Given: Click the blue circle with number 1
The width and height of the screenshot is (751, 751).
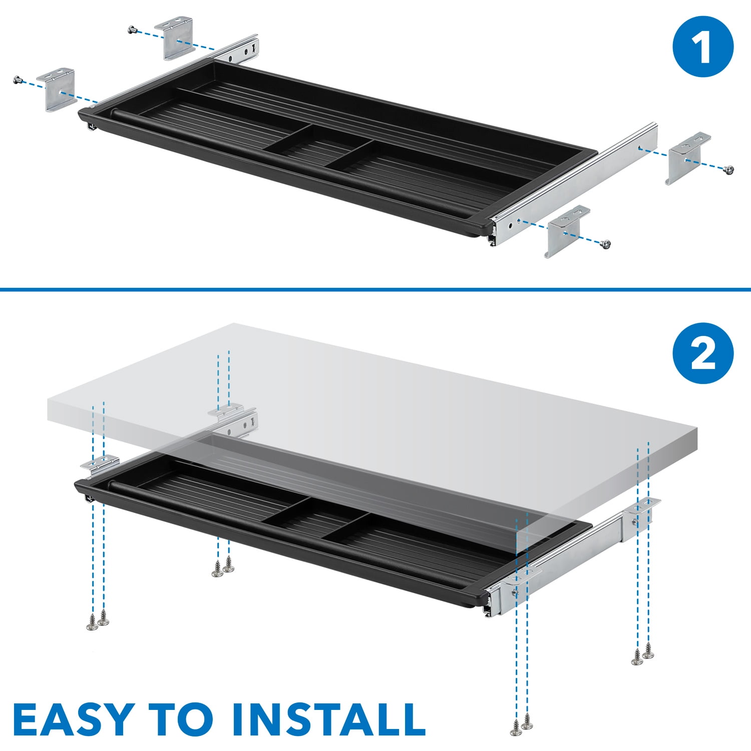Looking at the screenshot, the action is click(x=703, y=47).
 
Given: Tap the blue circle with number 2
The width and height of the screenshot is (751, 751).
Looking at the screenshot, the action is click(x=703, y=353).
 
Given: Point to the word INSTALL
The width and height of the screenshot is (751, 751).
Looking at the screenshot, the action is click(x=328, y=719).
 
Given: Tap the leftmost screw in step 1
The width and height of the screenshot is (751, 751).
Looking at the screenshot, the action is click(x=19, y=80).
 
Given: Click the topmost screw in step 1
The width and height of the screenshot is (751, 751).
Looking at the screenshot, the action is click(x=133, y=30).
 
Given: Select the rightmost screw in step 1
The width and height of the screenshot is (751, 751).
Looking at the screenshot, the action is click(x=729, y=170).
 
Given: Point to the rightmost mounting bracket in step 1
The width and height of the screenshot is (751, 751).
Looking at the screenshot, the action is click(x=688, y=157).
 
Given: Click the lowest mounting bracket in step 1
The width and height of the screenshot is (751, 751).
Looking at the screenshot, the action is click(x=567, y=231).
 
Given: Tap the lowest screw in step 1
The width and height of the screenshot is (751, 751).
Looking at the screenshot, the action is click(x=606, y=244).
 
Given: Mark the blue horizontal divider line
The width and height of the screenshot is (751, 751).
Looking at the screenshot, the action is click(x=375, y=289).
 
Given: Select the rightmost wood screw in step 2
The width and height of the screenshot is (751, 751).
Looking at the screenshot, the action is click(x=648, y=650).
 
